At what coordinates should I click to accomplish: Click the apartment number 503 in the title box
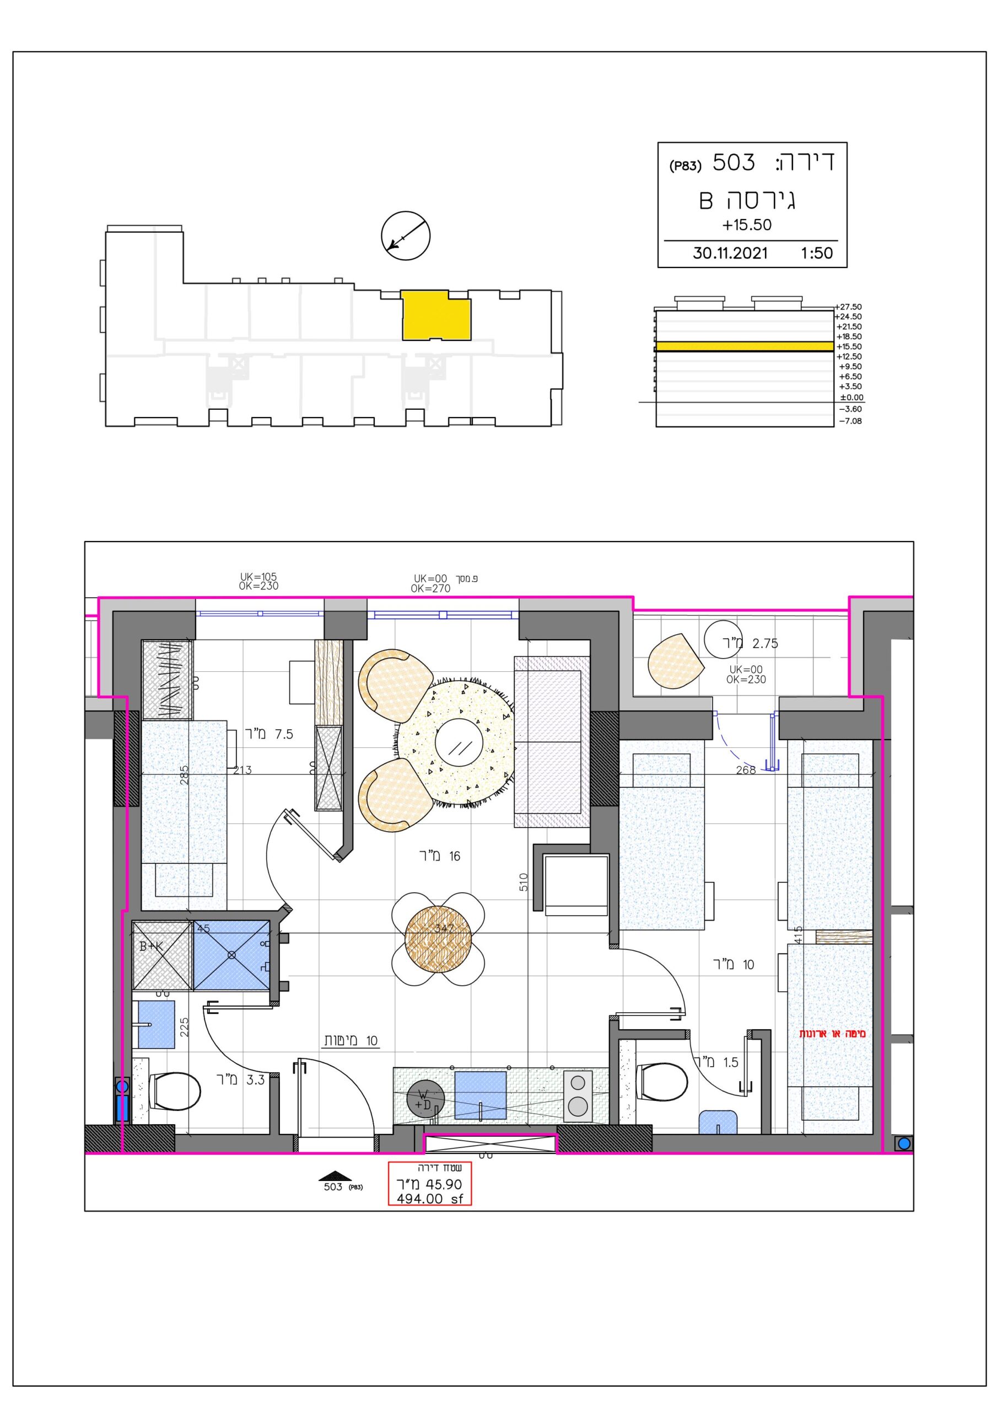coord(734,162)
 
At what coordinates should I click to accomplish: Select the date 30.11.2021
coord(730,253)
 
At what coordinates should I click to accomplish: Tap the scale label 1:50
coord(817,253)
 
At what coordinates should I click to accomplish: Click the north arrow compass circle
coord(406,235)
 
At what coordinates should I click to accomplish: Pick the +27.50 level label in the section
coord(849,306)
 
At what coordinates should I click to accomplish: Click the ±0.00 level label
coord(851,397)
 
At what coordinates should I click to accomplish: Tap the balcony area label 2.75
coord(766,643)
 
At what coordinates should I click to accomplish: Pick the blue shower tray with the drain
coord(231,955)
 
